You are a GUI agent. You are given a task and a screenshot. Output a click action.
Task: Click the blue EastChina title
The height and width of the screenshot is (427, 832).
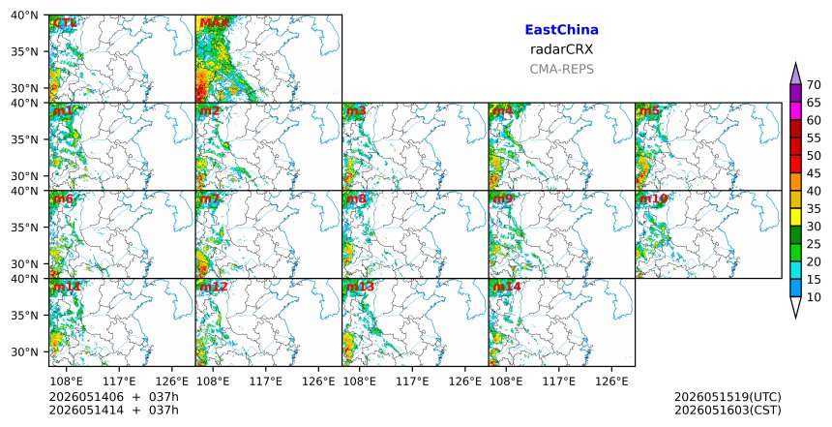coord(561,30)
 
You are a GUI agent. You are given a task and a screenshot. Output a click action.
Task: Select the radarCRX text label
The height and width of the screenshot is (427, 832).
coord(561,49)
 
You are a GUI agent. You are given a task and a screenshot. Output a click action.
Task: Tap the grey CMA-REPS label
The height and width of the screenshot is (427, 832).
coord(561,69)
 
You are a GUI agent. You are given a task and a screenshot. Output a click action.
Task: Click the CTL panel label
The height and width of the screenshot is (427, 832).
coord(65,23)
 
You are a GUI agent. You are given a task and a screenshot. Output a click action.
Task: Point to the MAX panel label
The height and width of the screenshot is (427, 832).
coord(214,23)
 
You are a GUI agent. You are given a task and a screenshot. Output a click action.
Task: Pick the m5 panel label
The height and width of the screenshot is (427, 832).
coord(649,111)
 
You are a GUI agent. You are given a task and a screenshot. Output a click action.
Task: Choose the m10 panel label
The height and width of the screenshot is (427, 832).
coord(653,199)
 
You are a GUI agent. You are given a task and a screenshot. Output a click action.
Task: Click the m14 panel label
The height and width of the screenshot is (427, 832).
coord(507,287)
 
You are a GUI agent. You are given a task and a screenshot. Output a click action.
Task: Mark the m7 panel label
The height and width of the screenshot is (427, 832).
coord(210,199)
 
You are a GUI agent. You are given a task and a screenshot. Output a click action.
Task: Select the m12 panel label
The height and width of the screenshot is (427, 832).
coord(213,287)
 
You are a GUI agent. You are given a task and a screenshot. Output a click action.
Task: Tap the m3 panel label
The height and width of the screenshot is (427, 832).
coord(356,111)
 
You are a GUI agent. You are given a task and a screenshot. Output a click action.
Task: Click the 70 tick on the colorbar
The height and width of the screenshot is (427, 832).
coord(814,85)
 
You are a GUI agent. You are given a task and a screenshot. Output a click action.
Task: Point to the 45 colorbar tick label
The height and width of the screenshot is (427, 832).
coord(814,173)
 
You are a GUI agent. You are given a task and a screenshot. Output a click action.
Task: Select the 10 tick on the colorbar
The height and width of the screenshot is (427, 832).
coord(814,297)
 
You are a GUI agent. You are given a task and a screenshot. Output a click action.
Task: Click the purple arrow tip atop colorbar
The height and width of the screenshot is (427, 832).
coord(795,63)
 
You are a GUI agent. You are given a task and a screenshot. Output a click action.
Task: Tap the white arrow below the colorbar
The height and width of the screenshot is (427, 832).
coord(795,307)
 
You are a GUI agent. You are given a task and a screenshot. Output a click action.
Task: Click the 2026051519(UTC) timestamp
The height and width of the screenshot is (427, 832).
coord(728,397)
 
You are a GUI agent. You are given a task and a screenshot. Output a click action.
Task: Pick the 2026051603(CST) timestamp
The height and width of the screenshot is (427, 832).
coord(728,410)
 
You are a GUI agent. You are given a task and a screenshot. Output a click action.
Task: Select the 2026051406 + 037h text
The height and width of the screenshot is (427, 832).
coord(113,397)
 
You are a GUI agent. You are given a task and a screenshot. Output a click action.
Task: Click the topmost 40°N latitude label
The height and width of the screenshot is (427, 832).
coord(24,15)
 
